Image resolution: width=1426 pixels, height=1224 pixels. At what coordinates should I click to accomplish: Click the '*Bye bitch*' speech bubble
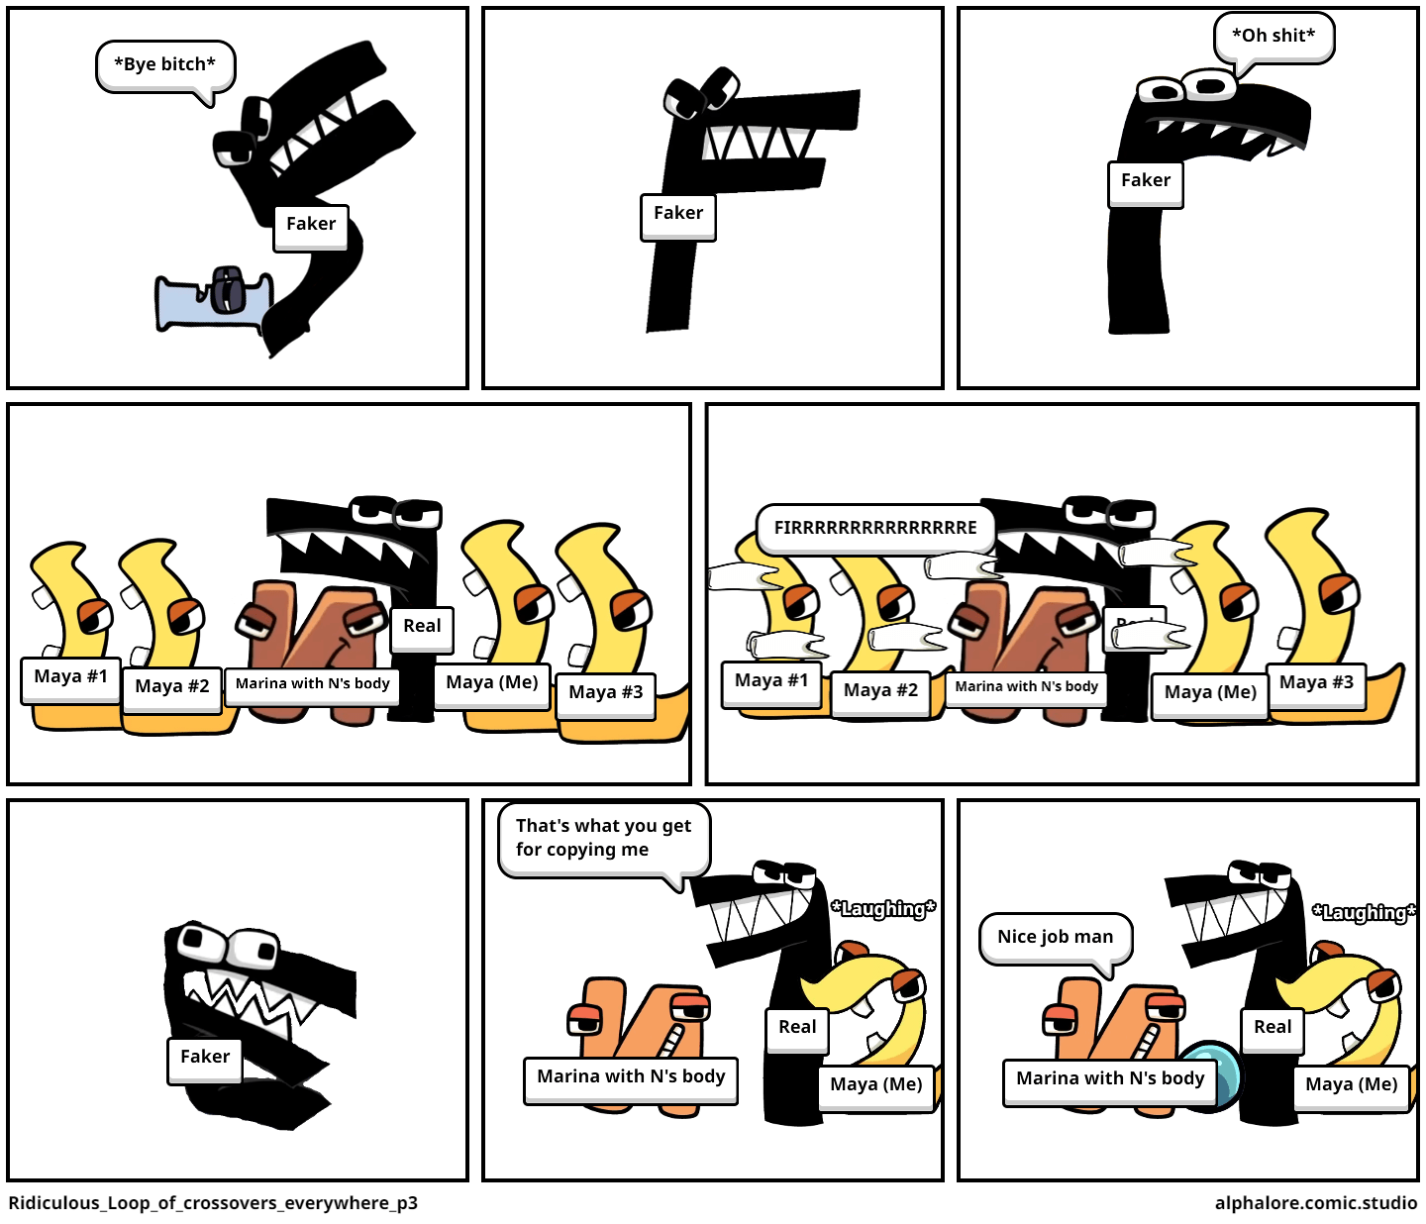point(165,65)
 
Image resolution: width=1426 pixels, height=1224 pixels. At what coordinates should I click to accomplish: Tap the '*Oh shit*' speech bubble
point(1273,37)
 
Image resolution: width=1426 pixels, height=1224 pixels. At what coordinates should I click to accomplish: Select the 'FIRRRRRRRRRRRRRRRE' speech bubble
point(874,528)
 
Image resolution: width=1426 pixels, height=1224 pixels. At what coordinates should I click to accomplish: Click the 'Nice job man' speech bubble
point(1055,937)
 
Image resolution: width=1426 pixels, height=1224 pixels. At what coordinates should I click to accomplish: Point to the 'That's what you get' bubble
point(603,838)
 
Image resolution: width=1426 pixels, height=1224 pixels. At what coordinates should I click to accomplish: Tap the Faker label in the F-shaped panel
point(678,214)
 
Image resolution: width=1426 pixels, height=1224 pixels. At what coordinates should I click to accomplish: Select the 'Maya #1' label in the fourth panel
point(70,677)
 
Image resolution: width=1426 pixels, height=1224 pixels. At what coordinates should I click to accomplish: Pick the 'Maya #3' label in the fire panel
point(1316,683)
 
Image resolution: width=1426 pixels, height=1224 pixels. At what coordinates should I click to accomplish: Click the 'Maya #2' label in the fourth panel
point(172,687)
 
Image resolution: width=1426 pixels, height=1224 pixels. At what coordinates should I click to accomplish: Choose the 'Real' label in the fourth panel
point(422,627)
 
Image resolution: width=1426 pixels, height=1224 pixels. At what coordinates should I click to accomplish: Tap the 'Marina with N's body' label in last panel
point(1110,1079)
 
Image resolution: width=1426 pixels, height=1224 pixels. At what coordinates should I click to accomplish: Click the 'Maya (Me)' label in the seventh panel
point(876,1085)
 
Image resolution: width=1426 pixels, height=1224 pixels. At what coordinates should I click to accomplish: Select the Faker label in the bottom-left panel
point(205,1058)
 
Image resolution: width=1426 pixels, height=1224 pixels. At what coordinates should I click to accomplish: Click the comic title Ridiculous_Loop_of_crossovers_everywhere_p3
point(213,1203)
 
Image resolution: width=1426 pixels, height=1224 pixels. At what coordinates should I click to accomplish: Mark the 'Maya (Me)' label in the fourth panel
point(492,683)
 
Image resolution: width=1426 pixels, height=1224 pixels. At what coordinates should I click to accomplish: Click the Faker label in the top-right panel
point(1146,181)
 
